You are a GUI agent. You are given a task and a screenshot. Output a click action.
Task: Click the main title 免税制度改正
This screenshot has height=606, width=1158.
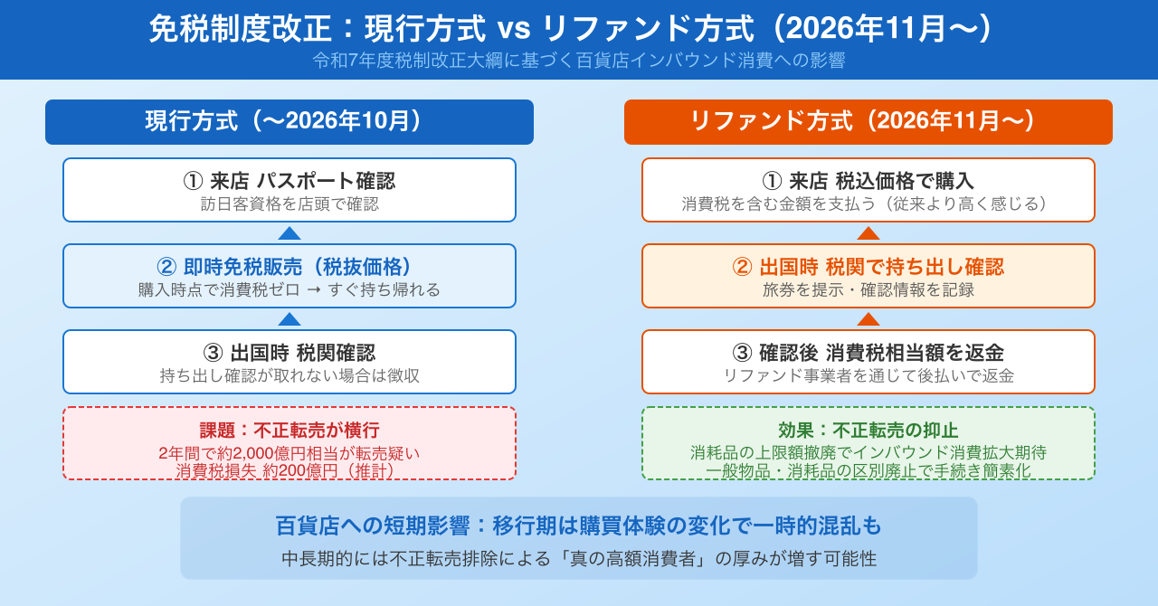pyautogui.click(x=240, y=28)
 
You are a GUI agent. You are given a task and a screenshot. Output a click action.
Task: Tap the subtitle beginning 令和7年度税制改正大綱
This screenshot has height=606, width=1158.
pyautogui.click(x=579, y=61)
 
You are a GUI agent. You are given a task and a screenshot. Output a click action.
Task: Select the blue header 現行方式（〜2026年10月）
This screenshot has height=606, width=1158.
pyautogui.click(x=289, y=122)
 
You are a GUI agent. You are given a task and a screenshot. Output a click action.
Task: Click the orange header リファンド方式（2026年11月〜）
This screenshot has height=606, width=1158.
pyautogui.click(x=868, y=122)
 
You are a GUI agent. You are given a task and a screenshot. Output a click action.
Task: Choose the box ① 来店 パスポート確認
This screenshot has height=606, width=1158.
pyautogui.click(x=289, y=190)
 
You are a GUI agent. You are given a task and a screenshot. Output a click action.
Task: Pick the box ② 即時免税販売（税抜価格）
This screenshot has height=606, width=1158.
pyautogui.click(x=289, y=276)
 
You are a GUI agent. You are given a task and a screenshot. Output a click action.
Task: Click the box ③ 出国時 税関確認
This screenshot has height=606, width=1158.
pyautogui.click(x=289, y=362)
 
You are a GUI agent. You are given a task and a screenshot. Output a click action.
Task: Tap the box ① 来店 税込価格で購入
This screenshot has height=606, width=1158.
pyautogui.click(x=868, y=190)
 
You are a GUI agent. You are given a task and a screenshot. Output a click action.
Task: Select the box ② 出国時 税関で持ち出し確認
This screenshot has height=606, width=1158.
pyautogui.click(x=868, y=276)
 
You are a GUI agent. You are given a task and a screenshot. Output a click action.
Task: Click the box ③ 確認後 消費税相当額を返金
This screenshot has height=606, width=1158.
pyautogui.click(x=868, y=362)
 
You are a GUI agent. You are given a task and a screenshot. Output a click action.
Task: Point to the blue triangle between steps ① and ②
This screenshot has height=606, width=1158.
pyautogui.click(x=289, y=234)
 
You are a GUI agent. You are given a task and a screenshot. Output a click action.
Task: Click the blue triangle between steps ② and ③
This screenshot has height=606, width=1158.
pyautogui.click(x=289, y=320)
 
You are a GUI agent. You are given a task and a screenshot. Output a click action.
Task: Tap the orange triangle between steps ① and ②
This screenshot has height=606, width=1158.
pyautogui.click(x=868, y=234)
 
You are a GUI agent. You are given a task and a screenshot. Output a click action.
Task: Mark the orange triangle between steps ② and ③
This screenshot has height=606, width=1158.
pyautogui.click(x=868, y=320)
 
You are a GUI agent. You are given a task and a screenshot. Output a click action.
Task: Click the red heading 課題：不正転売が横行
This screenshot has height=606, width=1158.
pyautogui.click(x=289, y=431)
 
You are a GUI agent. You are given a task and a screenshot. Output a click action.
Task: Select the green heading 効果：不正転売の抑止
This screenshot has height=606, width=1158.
pyautogui.click(x=868, y=431)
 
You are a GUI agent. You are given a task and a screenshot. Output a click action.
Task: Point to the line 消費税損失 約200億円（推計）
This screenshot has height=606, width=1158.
pyautogui.click(x=285, y=471)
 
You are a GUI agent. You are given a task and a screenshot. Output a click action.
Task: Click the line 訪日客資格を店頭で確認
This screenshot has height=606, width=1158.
pyautogui.click(x=289, y=204)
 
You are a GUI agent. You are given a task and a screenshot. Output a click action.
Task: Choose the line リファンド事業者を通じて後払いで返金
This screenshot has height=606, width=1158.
pyautogui.click(x=868, y=376)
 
